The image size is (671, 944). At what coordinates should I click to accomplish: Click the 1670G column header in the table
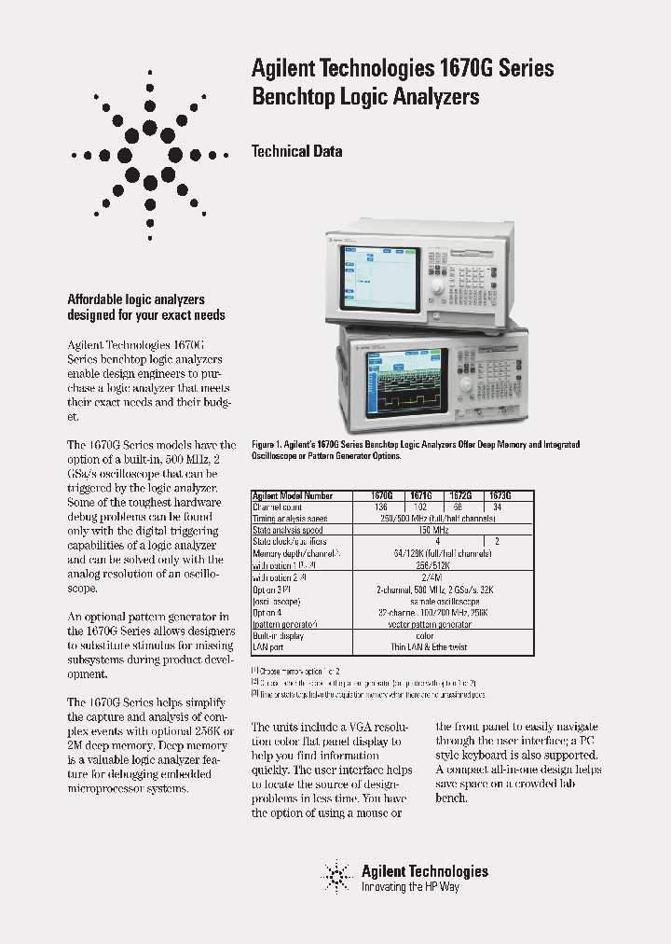tap(382, 497)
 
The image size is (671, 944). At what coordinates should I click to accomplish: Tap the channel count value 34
tap(496, 507)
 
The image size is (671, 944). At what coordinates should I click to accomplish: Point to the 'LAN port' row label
tap(270, 646)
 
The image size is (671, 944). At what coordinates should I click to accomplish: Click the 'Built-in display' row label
tap(278, 634)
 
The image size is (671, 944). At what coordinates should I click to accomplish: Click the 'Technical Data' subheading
tap(297, 151)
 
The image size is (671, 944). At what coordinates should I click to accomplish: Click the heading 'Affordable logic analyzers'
tap(136, 299)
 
